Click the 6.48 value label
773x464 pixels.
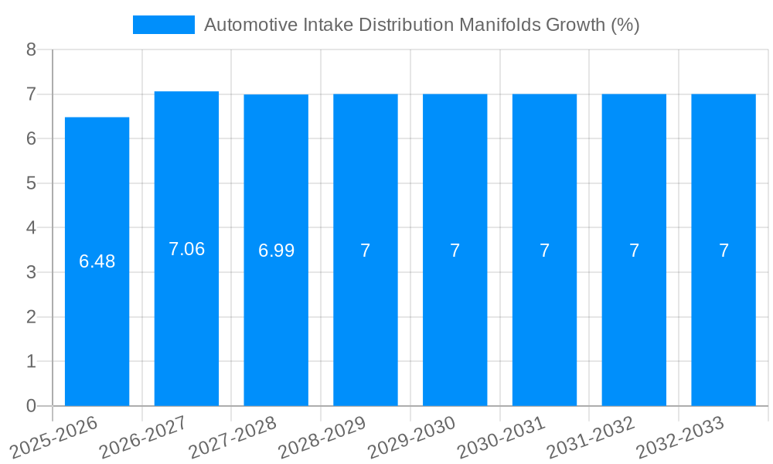(97, 261)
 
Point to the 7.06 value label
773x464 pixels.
(187, 249)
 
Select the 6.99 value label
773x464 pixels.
(276, 251)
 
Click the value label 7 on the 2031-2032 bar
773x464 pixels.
(634, 251)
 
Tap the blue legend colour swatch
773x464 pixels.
(164, 25)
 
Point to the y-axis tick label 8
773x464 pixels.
(31, 49)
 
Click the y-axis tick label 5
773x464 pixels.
(31, 183)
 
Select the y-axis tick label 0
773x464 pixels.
(31, 406)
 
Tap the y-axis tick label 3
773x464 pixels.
(31, 272)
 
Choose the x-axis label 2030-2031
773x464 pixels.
(502, 438)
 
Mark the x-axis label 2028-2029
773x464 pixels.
(322, 438)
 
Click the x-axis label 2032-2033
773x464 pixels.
(680, 438)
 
